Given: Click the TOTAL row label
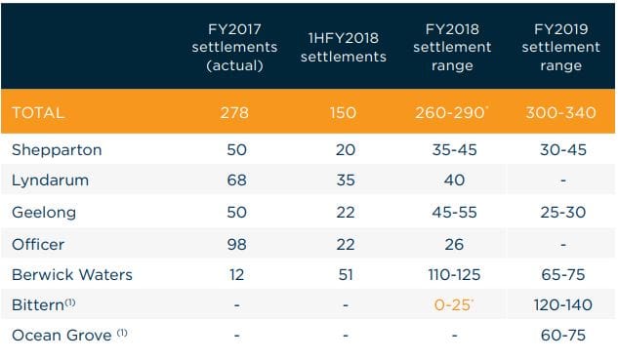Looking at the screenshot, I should point(37,113).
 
